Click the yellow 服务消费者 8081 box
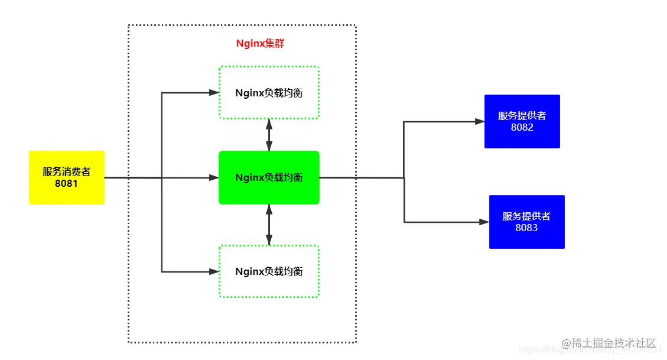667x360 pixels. point(67,177)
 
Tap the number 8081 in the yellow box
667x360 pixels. point(67,184)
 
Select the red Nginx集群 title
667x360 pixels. point(261,44)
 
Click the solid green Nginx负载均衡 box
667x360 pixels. point(269,177)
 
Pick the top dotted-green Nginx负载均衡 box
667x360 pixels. point(269,93)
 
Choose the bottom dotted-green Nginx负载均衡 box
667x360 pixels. point(269,271)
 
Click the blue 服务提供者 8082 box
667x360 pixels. point(522,121)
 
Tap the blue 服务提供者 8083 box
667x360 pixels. point(526,222)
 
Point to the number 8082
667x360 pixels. point(522,127)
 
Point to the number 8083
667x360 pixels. point(526,228)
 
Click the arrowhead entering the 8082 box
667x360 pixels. point(480,122)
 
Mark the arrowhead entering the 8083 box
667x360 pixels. point(484,222)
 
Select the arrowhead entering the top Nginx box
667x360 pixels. point(214,93)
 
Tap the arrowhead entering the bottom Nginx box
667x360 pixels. point(214,272)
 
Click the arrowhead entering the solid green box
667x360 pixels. point(214,177)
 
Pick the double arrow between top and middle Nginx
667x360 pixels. point(269,135)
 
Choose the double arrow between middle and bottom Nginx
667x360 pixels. point(269,225)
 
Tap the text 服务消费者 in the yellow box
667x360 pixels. point(67,172)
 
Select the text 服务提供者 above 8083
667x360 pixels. point(526,216)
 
